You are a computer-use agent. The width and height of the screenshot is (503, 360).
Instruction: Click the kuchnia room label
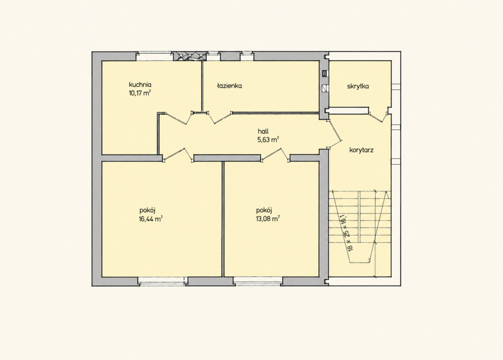click(x=140, y=85)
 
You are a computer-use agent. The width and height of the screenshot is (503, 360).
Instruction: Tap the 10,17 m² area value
click(x=139, y=93)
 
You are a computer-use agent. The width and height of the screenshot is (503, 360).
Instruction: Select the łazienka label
click(x=229, y=85)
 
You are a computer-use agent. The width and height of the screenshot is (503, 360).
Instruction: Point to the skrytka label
click(x=358, y=86)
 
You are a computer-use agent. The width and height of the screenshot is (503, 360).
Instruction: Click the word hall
click(x=263, y=131)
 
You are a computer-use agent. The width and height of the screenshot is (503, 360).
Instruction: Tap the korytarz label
click(x=361, y=150)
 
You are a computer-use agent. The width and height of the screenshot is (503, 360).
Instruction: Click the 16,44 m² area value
click(x=150, y=219)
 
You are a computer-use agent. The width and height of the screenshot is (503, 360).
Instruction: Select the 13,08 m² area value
click(x=267, y=219)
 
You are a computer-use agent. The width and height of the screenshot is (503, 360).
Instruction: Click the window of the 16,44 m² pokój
click(x=162, y=281)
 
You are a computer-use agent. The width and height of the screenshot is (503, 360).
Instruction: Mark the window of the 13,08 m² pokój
click(x=258, y=281)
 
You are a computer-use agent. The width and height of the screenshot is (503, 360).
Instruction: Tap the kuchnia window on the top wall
click(x=153, y=56)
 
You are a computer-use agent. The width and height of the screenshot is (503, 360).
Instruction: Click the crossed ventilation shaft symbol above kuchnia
click(x=189, y=56)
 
